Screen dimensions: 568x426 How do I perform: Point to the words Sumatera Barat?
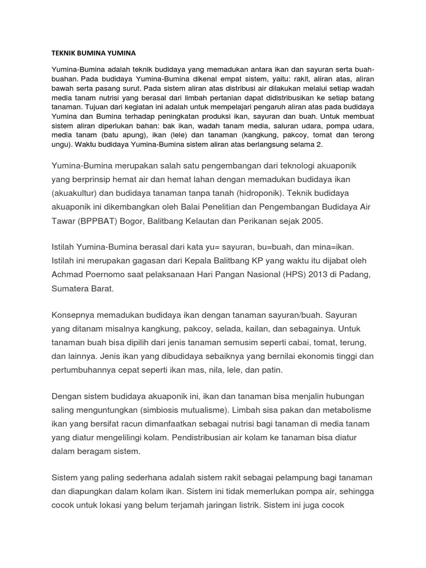[83, 288]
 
